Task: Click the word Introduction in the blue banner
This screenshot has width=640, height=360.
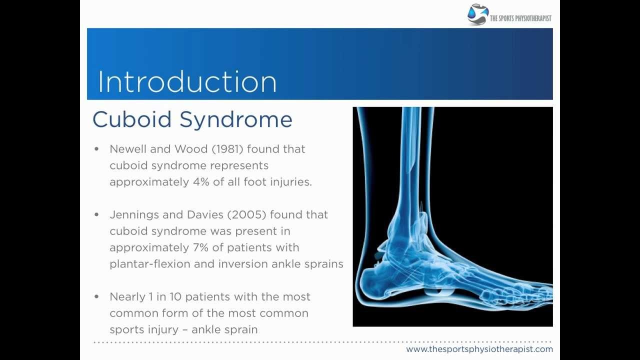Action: click(x=187, y=82)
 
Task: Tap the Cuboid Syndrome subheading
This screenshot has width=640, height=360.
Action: click(x=192, y=120)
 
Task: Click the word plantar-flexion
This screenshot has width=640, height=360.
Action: click(x=149, y=264)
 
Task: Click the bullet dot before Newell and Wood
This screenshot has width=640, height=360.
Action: click(x=97, y=149)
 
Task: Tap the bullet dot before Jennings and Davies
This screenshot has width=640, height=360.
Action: click(x=97, y=214)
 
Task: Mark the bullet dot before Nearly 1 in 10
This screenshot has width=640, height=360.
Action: click(x=97, y=297)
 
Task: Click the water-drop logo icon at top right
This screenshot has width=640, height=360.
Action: click(x=477, y=14)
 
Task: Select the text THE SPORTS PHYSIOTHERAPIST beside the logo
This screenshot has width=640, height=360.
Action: click(x=520, y=18)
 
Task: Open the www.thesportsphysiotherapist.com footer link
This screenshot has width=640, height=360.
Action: click(x=479, y=349)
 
